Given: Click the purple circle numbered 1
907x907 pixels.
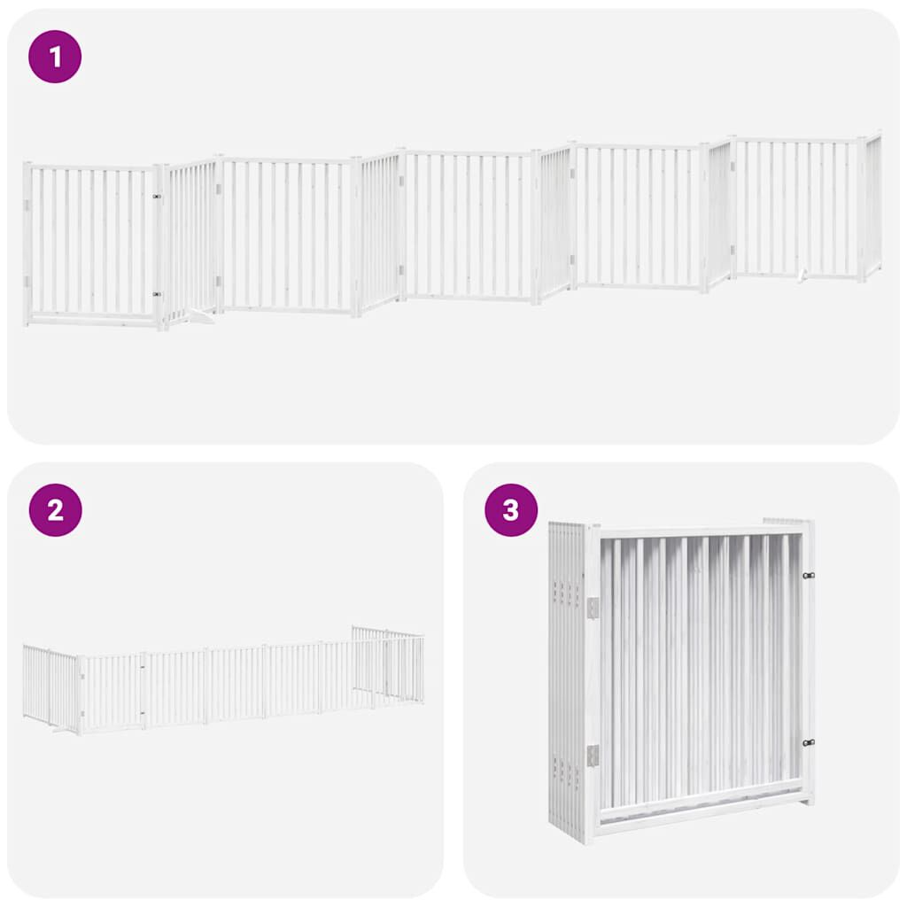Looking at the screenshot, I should (56, 57).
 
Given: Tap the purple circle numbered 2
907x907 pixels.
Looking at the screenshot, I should (56, 510).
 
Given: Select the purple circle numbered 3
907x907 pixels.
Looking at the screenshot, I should (511, 510).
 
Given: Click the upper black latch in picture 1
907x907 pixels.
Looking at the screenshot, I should (157, 197).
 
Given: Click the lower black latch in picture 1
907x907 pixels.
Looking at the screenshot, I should (157, 294).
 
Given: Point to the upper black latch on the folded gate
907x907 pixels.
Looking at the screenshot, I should (809, 576).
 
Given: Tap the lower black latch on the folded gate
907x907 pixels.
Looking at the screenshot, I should (809, 742).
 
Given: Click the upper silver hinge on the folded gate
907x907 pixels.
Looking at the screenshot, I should (593, 608).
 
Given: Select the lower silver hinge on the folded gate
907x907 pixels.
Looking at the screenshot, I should (593, 755).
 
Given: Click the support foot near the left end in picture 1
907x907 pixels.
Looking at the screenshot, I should (202, 315).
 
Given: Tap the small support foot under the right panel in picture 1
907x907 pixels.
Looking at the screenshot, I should (802, 275).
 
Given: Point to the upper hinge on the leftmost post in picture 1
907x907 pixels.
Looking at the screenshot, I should (27, 205).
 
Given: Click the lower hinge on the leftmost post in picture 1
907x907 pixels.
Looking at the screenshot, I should (27, 282).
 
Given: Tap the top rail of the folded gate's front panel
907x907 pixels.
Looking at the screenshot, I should (700, 532).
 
